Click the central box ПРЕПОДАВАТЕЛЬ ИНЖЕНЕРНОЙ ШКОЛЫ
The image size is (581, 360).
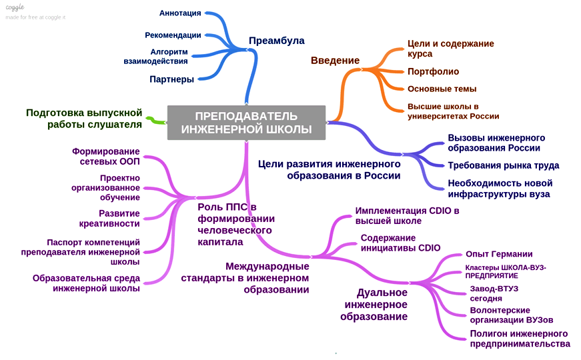[x=246, y=122]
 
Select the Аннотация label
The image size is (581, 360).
[x=180, y=13]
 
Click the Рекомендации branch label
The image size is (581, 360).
[x=173, y=35]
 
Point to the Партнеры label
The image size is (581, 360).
[x=171, y=79]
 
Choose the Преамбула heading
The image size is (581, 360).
[x=276, y=41]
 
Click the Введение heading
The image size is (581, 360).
[x=335, y=61]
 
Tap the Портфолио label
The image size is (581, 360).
[x=433, y=71]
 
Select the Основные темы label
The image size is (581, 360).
[x=442, y=89]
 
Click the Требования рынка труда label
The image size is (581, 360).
[x=503, y=165]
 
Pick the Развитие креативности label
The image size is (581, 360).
[x=119, y=218]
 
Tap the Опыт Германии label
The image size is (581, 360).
[x=499, y=254]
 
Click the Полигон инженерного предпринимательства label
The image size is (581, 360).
[x=520, y=339]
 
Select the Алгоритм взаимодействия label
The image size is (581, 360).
[x=155, y=57]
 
